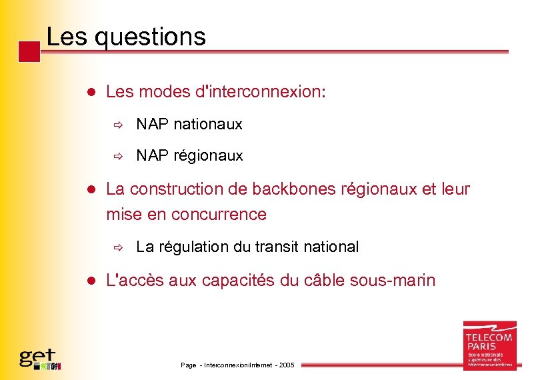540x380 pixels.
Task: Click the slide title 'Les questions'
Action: coord(126,36)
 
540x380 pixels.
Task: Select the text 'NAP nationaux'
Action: coord(189,124)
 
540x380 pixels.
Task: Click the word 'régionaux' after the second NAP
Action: coord(208,156)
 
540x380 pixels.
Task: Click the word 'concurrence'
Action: coord(219,215)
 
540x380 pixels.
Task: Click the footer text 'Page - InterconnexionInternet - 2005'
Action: coord(237,365)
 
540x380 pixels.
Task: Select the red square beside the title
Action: coord(29,52)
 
